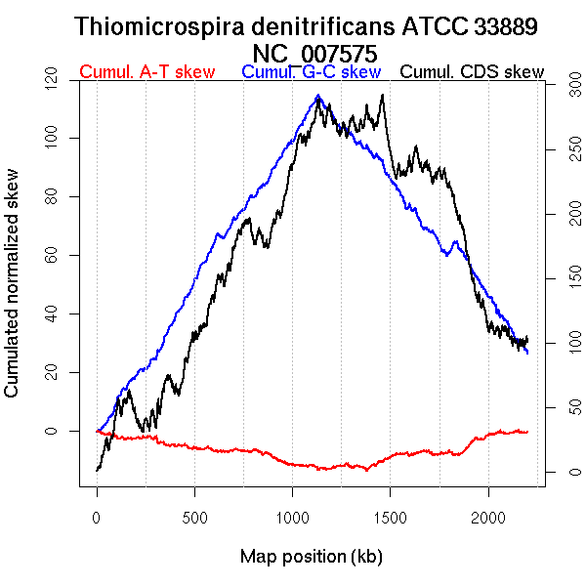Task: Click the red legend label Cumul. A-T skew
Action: tap(146, 73)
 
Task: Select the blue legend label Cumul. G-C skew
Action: tap(311, 73)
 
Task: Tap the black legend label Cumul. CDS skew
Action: tap(473, 73)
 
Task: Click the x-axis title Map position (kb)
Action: tap(311, 558)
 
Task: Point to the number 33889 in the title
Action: tap(505, 27)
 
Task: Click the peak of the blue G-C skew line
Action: tap(318, 96)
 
